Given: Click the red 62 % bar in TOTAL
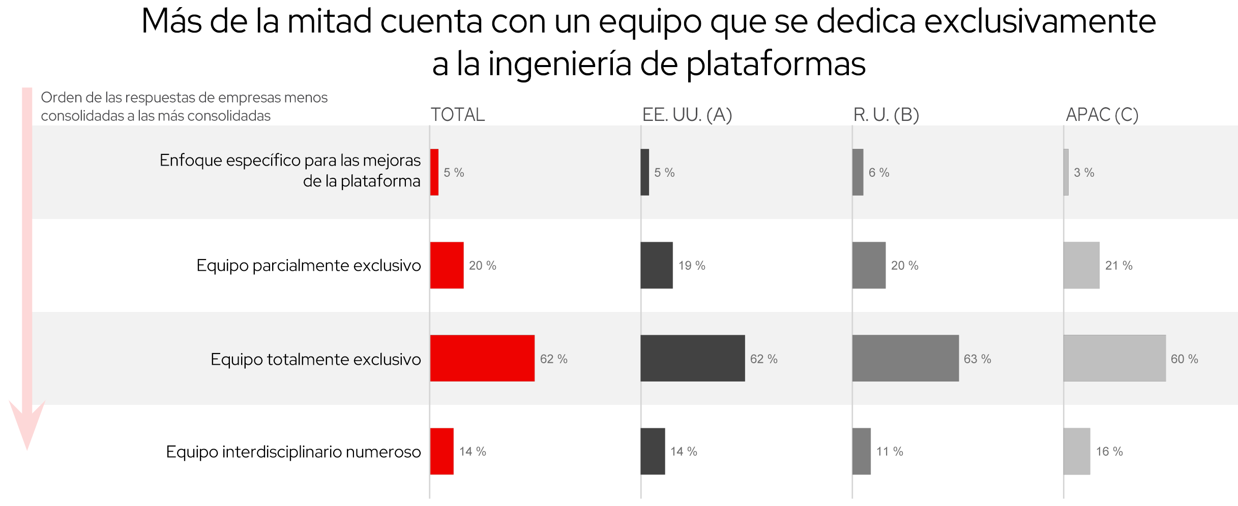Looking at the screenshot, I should coord(482,358).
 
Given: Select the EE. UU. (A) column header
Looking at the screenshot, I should coord(687,115).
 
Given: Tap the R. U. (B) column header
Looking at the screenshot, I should coord(886,115).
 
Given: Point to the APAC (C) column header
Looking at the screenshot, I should coord(1102,115).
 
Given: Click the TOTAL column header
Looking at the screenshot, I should coord(458,115).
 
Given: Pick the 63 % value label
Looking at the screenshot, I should coord(977,359).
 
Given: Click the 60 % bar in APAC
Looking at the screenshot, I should coord(1114,358).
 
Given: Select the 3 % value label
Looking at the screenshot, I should coord(1083,173).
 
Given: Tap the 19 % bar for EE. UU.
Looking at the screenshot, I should coord(657,265).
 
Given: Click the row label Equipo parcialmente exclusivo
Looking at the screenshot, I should coord(308,266).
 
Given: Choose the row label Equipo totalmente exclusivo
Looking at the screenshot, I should coord(315,359).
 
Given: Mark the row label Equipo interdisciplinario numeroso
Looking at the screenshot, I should coord(293,452).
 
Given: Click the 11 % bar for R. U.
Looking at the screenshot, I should coord(862,451).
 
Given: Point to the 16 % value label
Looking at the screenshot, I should coord(1109,452).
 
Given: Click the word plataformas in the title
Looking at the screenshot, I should coord(776,65).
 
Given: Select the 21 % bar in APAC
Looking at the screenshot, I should coord(1081,265).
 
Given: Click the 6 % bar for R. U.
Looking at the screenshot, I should coord(858,172).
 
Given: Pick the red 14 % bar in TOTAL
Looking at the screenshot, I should coord(441,451).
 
